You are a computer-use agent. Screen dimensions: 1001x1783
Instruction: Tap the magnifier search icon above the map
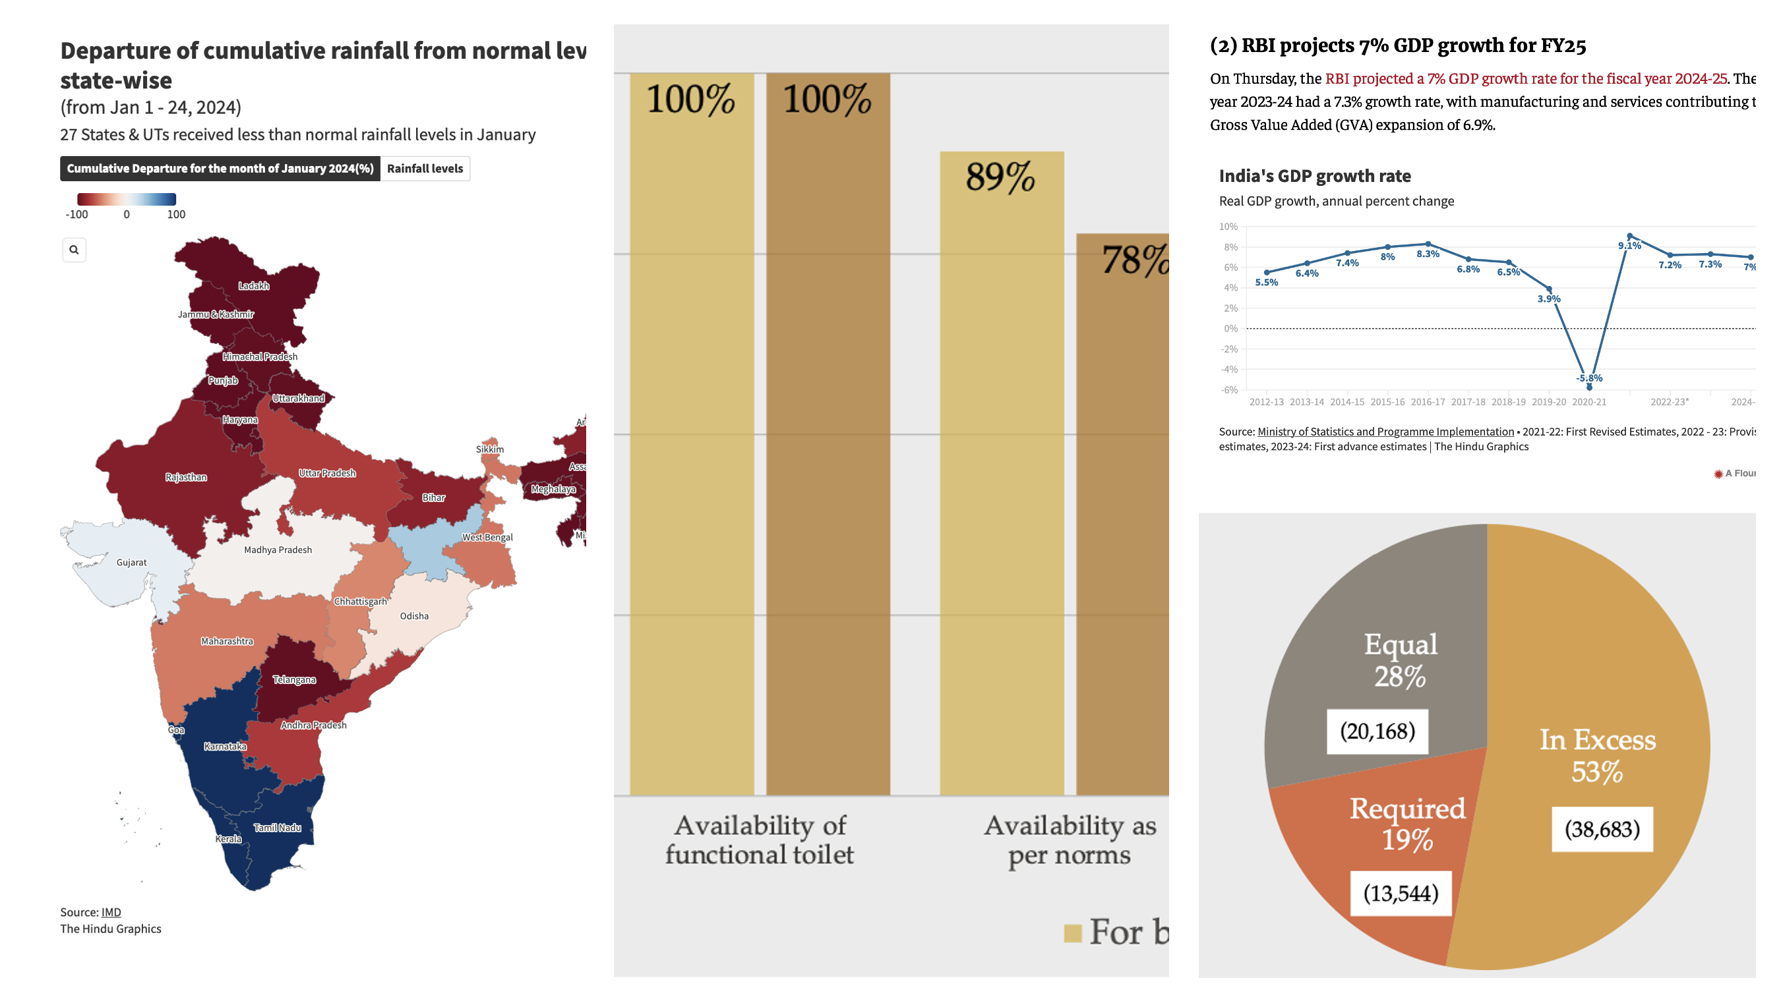click(74, 250)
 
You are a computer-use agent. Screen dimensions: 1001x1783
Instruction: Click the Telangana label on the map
click(294, 680)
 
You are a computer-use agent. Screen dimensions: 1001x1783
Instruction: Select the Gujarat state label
click(131, 562)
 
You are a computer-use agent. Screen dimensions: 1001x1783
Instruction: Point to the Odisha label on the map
click(414, 616)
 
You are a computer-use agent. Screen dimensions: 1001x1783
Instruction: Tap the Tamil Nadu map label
click(277, 828)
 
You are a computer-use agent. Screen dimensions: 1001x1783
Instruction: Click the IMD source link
click(111, 913)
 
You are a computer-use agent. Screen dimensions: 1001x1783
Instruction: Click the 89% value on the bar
click(1000, 177)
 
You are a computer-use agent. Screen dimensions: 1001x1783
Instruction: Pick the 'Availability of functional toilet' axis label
click(760, 840)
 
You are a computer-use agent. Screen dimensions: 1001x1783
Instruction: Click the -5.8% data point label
click(1589, 378)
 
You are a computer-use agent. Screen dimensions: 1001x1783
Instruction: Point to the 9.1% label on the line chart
click(1629, 246)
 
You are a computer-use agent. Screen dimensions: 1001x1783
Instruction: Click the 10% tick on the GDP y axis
click(1228, 227)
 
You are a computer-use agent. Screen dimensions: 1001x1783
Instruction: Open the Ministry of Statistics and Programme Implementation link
click(1385, 432)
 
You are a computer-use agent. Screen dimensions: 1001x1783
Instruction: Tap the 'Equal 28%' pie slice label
click(1401, 660)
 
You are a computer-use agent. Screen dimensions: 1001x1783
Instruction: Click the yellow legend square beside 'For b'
click(1072, 933)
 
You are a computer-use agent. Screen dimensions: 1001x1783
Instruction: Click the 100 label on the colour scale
click(176, 214)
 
